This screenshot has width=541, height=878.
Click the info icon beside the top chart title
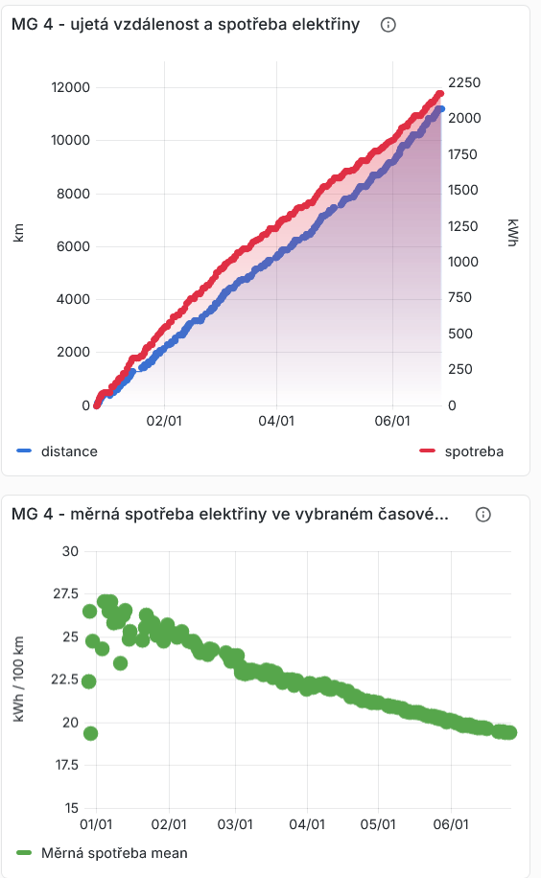click(x=388, y=25)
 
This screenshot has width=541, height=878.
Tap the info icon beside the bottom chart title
click(x=482, y=515)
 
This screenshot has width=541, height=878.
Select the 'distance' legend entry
click(x=58, y=451)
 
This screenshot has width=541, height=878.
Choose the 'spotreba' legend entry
click(x=461, y=451)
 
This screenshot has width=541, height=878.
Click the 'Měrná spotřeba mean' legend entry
click(x=102, y=853)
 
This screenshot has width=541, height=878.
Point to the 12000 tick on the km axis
click(x=71, y=87)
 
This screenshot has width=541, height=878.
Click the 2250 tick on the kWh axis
click(x=464, y=82)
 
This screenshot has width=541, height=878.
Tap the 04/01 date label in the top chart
click(x=276, y=421)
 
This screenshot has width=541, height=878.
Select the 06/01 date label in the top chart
click(x=392, y=421)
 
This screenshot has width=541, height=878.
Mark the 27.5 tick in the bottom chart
click(x=66, y=594)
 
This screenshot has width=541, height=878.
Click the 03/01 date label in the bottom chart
click(x=235, y=824)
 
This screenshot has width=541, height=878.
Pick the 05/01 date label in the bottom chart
click(x=378, y=824)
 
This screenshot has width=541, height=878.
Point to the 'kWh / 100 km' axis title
click(x=18, y=680)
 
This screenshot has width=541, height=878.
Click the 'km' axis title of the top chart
click(x=18, y=232)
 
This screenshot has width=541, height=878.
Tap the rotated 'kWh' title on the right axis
click(x=512, y=232)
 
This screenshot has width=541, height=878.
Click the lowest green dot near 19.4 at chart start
click(x=90, y=733)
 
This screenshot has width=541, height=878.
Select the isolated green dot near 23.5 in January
click(x=120, y=663)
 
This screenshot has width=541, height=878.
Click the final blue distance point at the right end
click(x=441, y=109)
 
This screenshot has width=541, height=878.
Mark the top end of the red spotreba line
click(x=440, y=94)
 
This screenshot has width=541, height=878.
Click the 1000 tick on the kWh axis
click(x=463, y=262)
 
